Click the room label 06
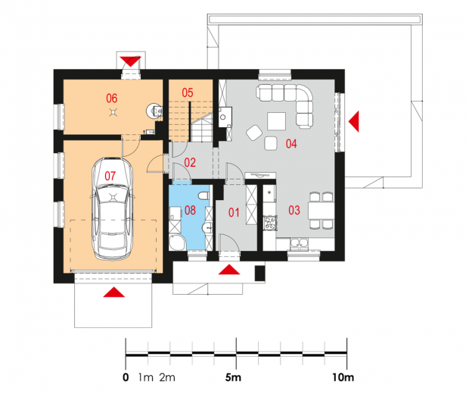[111, 98]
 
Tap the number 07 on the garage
[110, 177]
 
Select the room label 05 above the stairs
[188, 92]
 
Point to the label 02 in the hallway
[190, 162]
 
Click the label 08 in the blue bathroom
[190, 211]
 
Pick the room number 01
[234, 213]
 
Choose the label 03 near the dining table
[294, 211]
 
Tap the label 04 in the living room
[291, 144]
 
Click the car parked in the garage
[112, 208]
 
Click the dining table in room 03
[321, 211]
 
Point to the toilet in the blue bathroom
[204, 195]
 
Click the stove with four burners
[270, 223]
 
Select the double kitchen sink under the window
[299, 243]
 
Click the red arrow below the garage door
[113, 292]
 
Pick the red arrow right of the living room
[354, 121]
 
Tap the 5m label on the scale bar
[233, 377]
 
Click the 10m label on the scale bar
[343, 377]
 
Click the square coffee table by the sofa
[276, 121]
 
